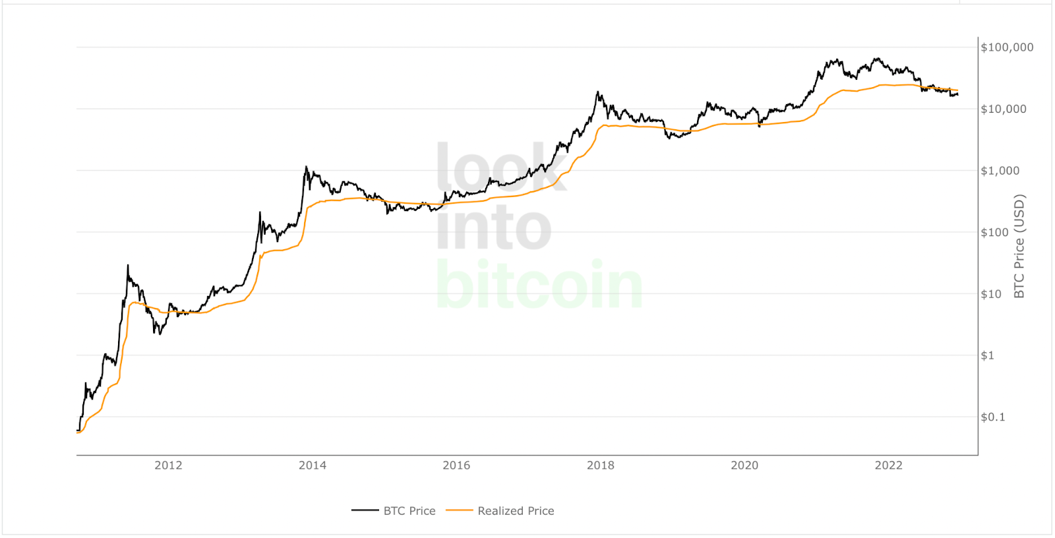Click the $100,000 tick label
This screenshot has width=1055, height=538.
pos(1007,47)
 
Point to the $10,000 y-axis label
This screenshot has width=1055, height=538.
pos(1004,109)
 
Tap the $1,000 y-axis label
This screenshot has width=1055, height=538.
pos(1000,171)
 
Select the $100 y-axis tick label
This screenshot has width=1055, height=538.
pos(995,232)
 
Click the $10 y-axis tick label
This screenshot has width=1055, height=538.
pos(991,294)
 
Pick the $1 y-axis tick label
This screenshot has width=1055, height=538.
pos(988,355)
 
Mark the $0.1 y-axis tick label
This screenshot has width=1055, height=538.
pos(993,417)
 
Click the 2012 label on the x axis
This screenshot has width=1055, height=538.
pos(168,465)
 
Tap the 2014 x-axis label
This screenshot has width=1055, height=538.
pos(313,465)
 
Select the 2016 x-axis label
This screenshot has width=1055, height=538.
pos(456,465)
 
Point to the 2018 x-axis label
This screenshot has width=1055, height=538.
pos(601,465)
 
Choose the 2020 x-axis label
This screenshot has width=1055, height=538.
pos(744,465)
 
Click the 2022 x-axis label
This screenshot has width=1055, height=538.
pos(889,465)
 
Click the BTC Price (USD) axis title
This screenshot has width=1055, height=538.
pos(1019,246)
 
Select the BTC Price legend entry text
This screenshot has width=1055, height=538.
pos(409,511)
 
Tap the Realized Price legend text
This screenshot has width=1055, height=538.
pos(516,511)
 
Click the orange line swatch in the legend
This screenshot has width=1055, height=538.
pos(460,510)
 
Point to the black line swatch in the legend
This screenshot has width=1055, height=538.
pos(365,510)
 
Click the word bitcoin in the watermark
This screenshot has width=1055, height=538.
pos(539,285)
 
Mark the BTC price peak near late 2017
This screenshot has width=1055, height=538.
pos(598,92)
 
